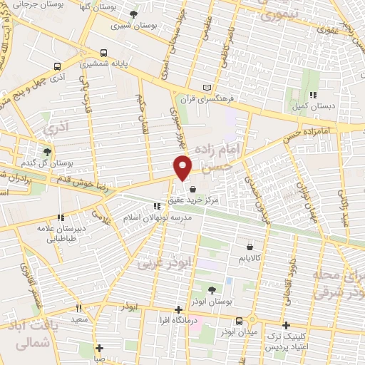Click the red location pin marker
click(x=183, y=166)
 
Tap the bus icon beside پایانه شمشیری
click(x=104, y=53)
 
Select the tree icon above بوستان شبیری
click(x=134, y=14)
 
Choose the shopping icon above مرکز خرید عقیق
click(x=193, y=190)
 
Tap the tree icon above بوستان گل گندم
click(x=47, y=151)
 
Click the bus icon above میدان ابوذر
click(x=240, y=320)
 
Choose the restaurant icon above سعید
click(x=78, y=309)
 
